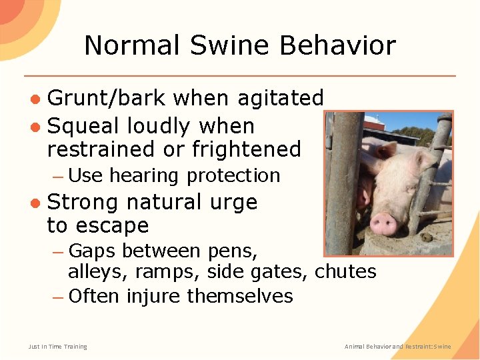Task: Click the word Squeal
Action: pos(84,126)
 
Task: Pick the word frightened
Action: pos(247,149)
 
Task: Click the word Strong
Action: pos(83,201)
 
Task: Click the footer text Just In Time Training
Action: pos(57,346)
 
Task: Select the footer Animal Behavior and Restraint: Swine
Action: pos(397,346)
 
